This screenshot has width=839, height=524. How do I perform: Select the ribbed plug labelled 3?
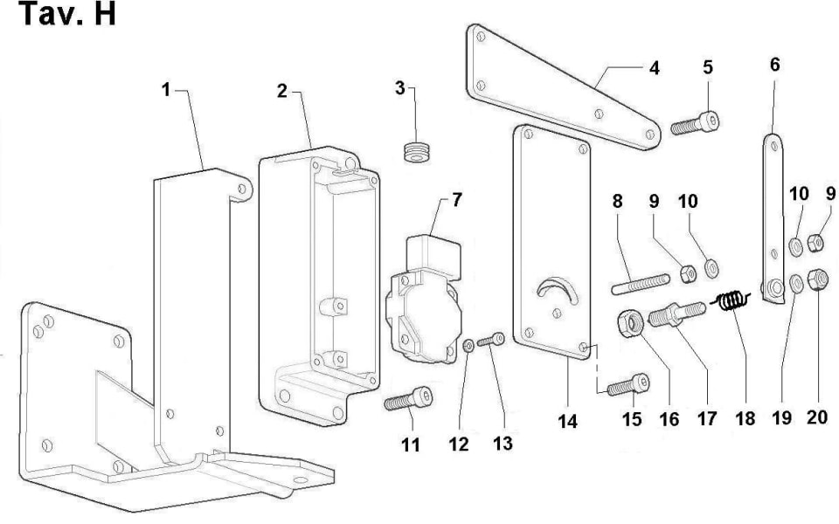click(418, 151)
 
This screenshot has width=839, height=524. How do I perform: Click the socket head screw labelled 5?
click(696, 123)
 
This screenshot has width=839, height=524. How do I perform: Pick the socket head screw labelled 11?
click(408, 399)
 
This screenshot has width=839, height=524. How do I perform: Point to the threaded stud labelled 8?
click(640, 283)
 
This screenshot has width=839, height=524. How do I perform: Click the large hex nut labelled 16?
click(631, 323)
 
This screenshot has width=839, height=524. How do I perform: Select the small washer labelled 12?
click(468, 347)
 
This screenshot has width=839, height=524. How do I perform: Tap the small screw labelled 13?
click(491, 340)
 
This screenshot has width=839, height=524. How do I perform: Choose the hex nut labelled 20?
click(817, 279)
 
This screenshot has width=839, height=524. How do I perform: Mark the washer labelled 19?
click(795, 283)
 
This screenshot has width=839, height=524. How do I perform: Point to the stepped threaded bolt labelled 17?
click(676, 314)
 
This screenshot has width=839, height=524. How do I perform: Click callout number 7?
click(456, 201)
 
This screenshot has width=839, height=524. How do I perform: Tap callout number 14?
click(567, 421)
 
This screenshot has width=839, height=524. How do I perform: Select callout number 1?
click(166, 90)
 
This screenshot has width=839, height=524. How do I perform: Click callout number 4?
click(654, 68)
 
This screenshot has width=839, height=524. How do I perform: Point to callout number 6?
click(774, 65)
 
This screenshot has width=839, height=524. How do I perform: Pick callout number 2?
click(282, 91)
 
